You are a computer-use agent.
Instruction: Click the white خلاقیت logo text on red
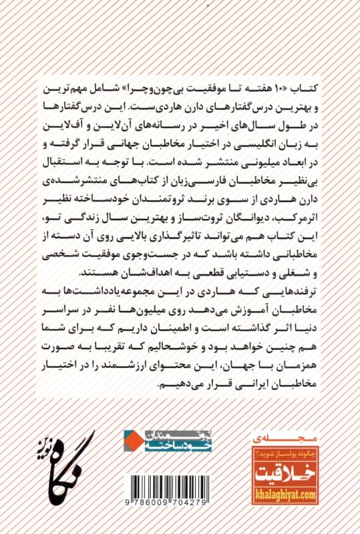[x=287, y=475]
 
